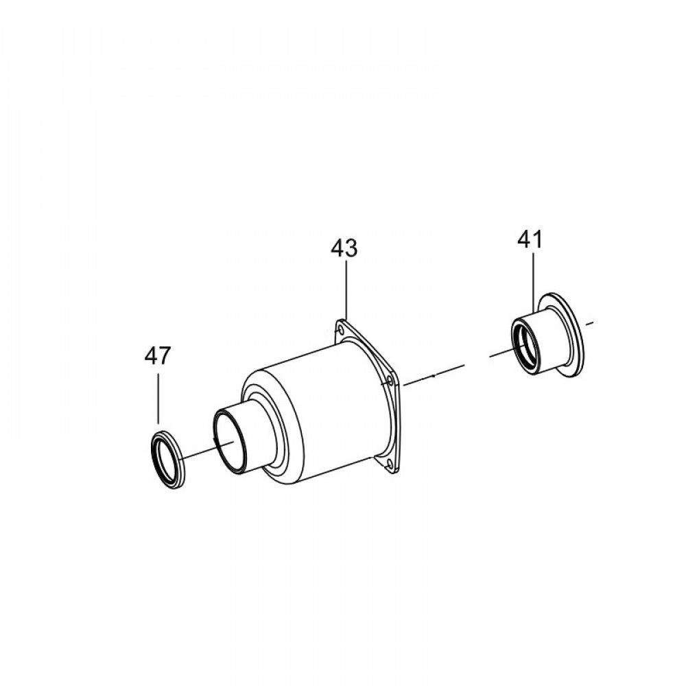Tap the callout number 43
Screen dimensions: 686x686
[344, 248]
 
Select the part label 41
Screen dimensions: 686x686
[530, 239]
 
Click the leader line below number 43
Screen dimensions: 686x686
[346, 290]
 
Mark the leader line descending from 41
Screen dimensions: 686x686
[533, 282]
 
